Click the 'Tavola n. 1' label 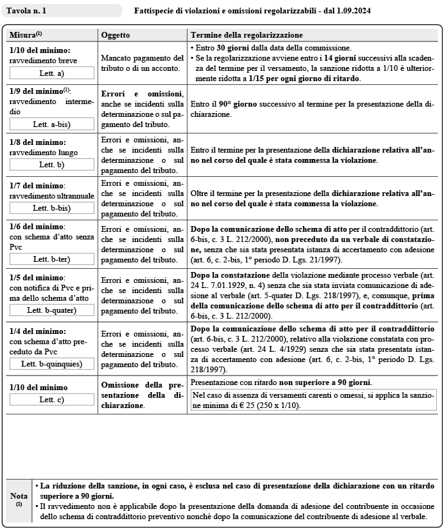tap(26, 11)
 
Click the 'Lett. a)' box tap(52, 73)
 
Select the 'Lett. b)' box tap(52, 165)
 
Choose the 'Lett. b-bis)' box tap(52, 208)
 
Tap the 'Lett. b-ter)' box tap(52, 259)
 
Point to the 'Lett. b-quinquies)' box tap(52, 363)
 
